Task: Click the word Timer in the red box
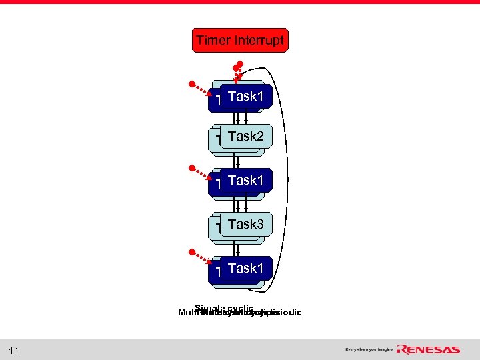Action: pyautogui.click(x=213, y=41)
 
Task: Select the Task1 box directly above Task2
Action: pyautogui.click(x=245, y=97)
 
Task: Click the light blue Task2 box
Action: pyautogui.click(x=245, y=137)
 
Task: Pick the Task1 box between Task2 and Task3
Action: pyautogui.click(x=245, y=181)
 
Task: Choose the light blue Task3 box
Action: pyautogui.click(x=245, y=225)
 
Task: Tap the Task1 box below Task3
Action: pyautogui.click(x=245, y=269)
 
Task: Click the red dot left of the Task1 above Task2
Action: pyautogui.click(x=191, y=84)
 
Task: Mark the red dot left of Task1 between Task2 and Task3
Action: pyautogui.click(x=191, y=167)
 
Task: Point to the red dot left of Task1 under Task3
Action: pyautogui.click(x=191, y=253)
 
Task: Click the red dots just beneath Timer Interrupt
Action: pyautogui.click(x=238, y=67)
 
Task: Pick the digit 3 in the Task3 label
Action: pyautogui.click(x=260, y=225)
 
